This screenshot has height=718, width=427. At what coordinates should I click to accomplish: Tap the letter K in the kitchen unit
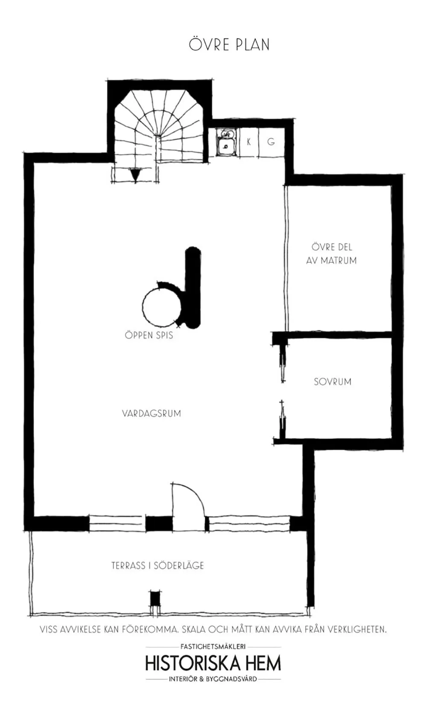pos(249,142)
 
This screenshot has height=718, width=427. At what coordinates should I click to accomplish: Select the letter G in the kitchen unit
pos(271,142)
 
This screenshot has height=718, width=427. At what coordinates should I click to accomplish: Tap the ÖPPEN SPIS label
pos(149,335)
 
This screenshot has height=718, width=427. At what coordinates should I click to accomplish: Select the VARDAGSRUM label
pos(151,413)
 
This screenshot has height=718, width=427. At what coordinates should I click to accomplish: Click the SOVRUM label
pos(333,382)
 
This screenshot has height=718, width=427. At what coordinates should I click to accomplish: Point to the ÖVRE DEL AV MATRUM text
pos(331,254)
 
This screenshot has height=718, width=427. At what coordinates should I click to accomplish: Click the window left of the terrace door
pos(116,523)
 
